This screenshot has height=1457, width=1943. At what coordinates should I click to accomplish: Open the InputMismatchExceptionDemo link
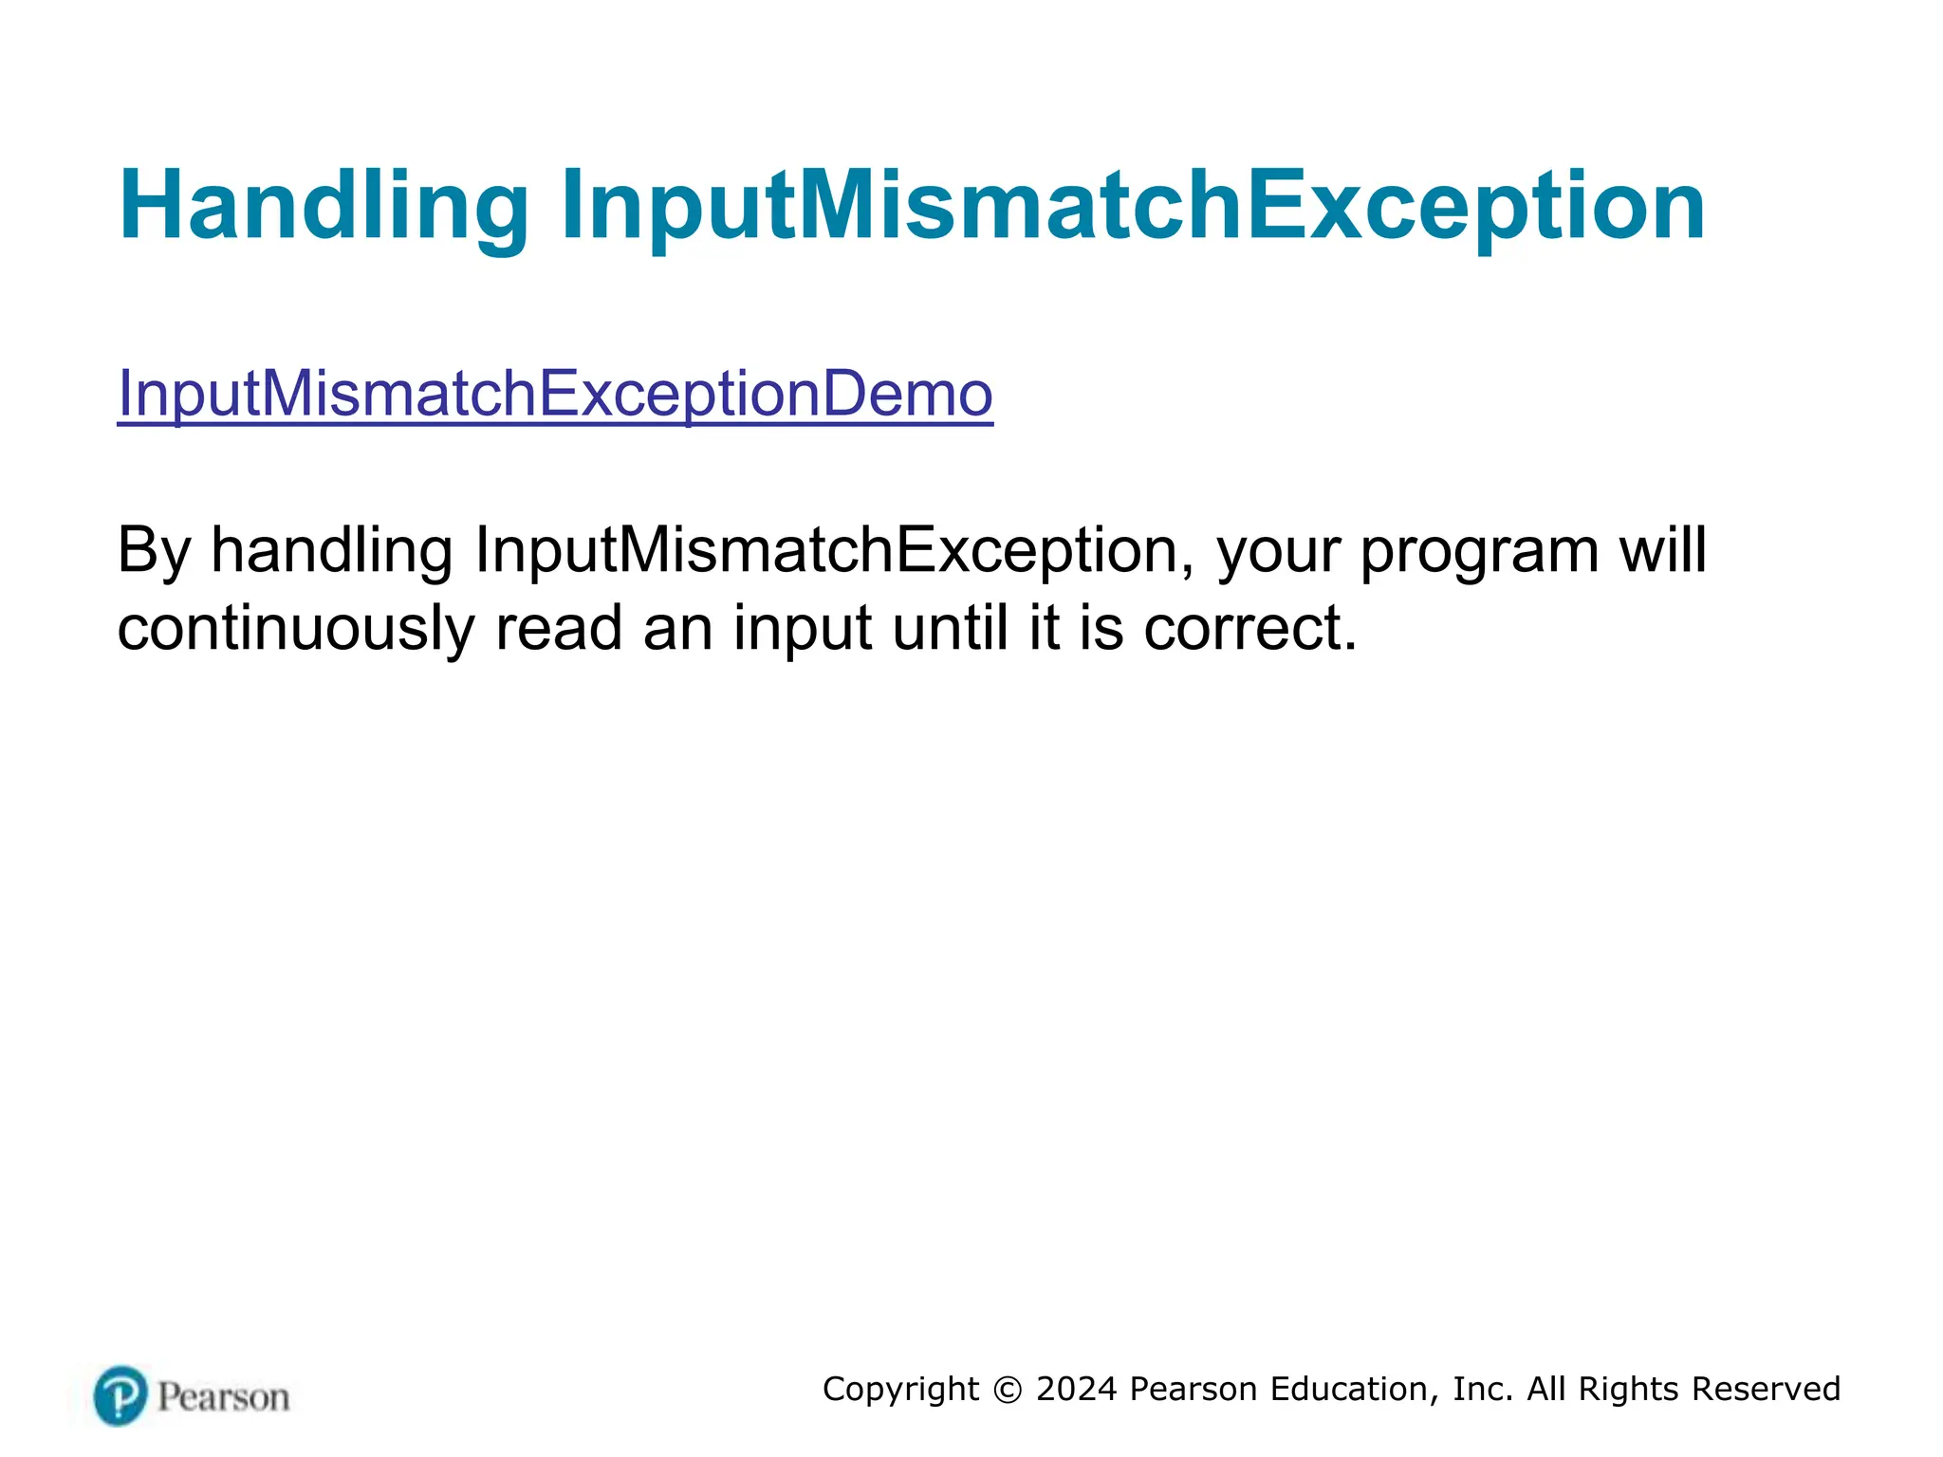point(555,394)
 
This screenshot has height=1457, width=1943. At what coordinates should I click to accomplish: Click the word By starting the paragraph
point(154,551)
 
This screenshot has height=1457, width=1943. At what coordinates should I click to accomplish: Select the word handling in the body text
point(331,551)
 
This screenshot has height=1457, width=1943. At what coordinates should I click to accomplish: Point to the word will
point(1662,549)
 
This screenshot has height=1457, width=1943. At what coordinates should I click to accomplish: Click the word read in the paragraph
point(558,628)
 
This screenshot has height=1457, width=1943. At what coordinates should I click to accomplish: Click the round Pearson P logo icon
point(120,1396)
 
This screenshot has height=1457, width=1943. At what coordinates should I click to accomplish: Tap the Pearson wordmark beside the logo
point(223,1398)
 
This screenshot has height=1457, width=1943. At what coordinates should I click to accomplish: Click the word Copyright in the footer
point(900,1390)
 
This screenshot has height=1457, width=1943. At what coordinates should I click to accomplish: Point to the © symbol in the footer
point(1008,1390)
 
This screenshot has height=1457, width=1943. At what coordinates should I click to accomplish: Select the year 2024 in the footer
point(1076,1390)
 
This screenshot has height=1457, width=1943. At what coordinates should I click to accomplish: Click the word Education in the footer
point(1347,1390)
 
